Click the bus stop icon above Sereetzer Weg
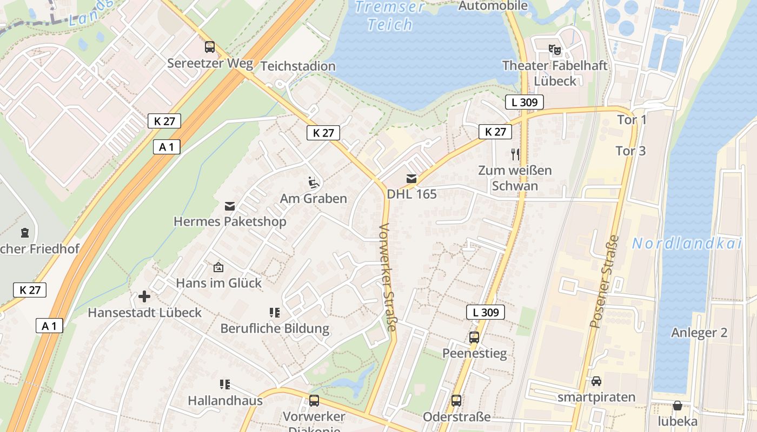(x=210, y=47)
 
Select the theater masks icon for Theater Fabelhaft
(x=555, y=50)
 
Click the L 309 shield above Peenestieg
(x=485, y=312)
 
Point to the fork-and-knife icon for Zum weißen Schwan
(x=515, y=154)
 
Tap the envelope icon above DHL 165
(x=411, y=179)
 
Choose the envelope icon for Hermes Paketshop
(x=230, y=206)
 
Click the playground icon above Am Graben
(x=314, y=183)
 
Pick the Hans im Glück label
(x=218, y=282)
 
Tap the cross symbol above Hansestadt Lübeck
(x=144, y=296)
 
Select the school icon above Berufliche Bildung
(x=275, y=312)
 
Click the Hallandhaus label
(x=225, y=401)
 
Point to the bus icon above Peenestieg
(x=474, y=337)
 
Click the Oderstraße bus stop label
(x=456, y=417)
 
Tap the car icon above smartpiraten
(x=596, y=381)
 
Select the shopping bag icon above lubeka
(x=677, y=406)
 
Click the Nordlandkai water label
(x=686, y=244)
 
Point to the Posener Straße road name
(x=604, y=282)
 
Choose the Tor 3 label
(x=630, y=151)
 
